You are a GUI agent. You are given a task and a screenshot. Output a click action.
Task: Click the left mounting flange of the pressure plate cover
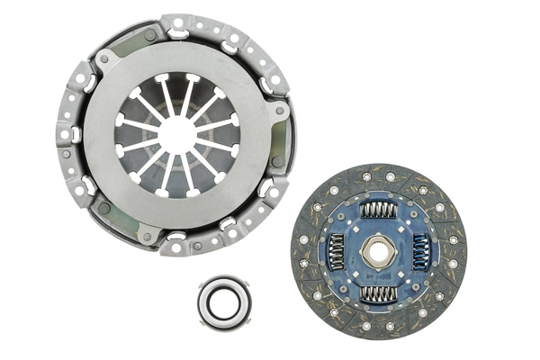point(68,135)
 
